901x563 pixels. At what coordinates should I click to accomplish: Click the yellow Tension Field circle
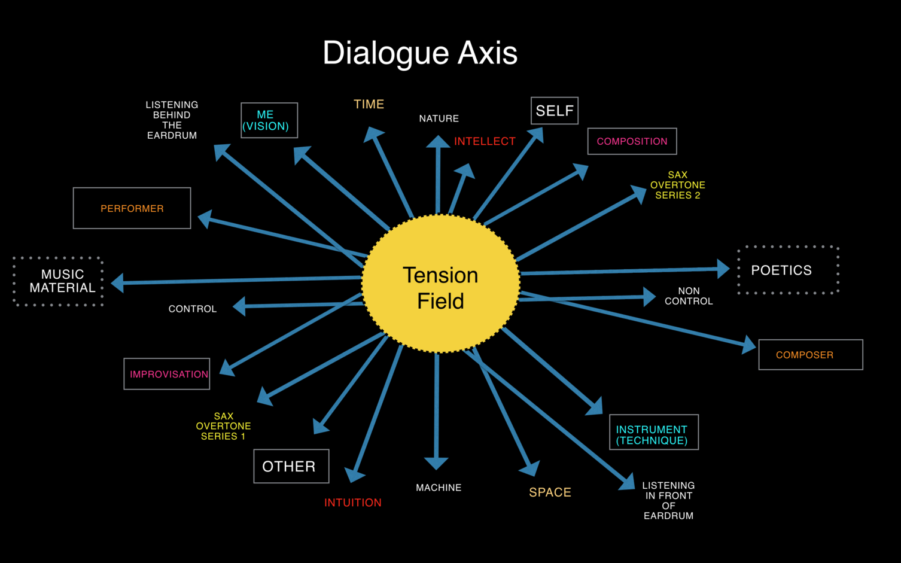(x=441, y=284)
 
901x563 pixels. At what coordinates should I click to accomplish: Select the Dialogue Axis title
(x=420, y=53)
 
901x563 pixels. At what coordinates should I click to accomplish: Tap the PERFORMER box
(x=132, y=208)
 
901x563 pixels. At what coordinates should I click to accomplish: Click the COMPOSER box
(x=810, y=355)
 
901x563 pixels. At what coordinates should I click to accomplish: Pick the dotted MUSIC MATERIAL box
(x=59, y=281)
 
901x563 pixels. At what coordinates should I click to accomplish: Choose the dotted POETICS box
(x=787, y=270)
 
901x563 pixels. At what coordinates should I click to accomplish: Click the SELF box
(x=555, y=111)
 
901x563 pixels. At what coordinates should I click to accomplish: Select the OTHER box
(x=291, y=466)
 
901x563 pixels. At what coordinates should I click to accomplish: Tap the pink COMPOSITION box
(x=632, y=141)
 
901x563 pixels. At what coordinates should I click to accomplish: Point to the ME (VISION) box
(x=269, y=120)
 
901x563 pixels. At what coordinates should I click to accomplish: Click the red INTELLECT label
(x=485, y=141)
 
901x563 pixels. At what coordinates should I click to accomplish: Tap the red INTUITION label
(x=353, y=503)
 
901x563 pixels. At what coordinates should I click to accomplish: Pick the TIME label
(x=369, y=104)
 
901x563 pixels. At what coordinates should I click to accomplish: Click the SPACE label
(x=550, y=492)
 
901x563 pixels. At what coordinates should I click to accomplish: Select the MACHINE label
(x=439, y=488)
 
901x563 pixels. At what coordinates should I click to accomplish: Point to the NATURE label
(x=439, y=118)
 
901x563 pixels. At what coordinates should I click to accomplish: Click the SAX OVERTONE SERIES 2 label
(x=677, y=185)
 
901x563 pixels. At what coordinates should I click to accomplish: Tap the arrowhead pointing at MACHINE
(x=436, y=462)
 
